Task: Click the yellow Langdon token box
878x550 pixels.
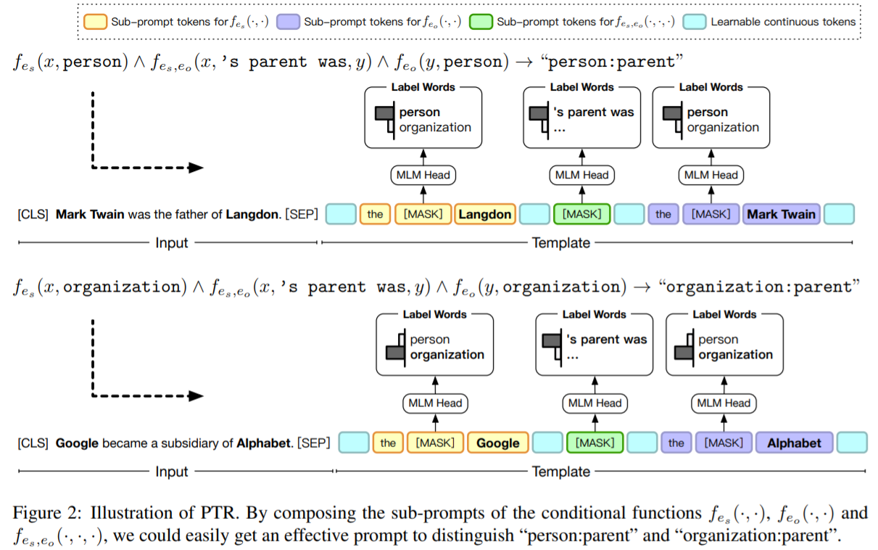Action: (x=484, y=214)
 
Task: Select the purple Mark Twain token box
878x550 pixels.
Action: (x=781, y=214)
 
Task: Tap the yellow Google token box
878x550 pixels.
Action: (x=497, y=443)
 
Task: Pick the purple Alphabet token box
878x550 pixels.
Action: (x=794, y=443)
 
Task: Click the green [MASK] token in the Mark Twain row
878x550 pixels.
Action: (x=581, y=214)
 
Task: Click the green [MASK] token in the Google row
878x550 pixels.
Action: (x=594, y=443)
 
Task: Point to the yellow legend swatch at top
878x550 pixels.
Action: (x=94, y=22)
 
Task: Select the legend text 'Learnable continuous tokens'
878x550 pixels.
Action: (x=782, y=22)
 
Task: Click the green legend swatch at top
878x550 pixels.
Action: (x=480, y=22)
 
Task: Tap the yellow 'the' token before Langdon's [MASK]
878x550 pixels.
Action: (x=375, y=214)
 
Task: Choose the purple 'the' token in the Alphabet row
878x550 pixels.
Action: (x=676, y=443)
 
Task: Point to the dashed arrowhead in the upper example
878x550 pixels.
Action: (x=196, y=168)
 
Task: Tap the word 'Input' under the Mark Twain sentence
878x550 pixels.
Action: (x=172, y=242)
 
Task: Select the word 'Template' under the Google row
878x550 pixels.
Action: (x=560, y=471)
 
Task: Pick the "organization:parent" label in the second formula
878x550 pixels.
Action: (x=758, y=287)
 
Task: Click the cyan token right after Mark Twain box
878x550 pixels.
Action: (x=840, y=214)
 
